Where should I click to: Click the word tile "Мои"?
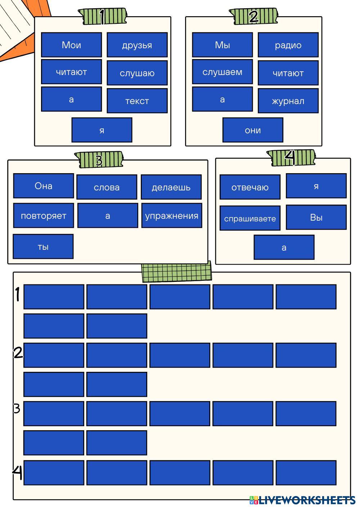tap(71, 45)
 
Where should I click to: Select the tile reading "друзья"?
tap(137, 45)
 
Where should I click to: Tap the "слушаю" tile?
tap(137, 73)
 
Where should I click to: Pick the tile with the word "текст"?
tap(137, 101)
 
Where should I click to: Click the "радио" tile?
tap(288, 45)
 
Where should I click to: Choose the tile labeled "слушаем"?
tap(222, 72)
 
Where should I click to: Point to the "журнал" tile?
tap(288, 101)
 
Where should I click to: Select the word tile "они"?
tap(253, 130)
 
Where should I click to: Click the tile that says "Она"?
tap(44, 186)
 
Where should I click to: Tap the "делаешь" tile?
tap(171, 187)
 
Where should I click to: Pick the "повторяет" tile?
tap(44, 216)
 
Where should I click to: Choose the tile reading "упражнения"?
tap(172, 216)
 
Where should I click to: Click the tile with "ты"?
tap(43, 247)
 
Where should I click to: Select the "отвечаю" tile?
tap(250, 187)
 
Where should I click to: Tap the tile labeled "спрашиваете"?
tap(250, 219)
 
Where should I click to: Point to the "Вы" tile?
tap(316, 217)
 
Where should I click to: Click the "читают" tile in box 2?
tap(288, 73)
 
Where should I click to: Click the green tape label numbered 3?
tap(99, 159)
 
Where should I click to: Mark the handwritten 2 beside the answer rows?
tap(18, 352)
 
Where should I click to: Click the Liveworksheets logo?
tap(303, 500)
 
